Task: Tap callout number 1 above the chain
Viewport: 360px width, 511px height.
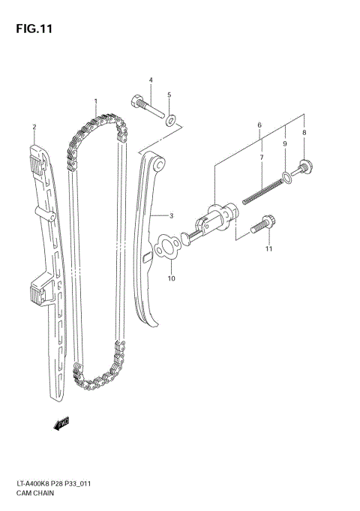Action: pos(95,101)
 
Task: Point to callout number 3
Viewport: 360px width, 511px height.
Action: pos(150,80)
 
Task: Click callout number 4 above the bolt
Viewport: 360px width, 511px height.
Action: pos(169,95)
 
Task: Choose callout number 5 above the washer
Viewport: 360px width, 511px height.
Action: pos(259,125)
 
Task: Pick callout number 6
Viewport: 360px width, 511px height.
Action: pos(260,158)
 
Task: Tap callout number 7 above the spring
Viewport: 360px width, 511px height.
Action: pos(304,133)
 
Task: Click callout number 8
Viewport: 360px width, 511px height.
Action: pos(285,143)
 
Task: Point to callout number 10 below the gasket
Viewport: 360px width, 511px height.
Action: pos(268,248)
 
